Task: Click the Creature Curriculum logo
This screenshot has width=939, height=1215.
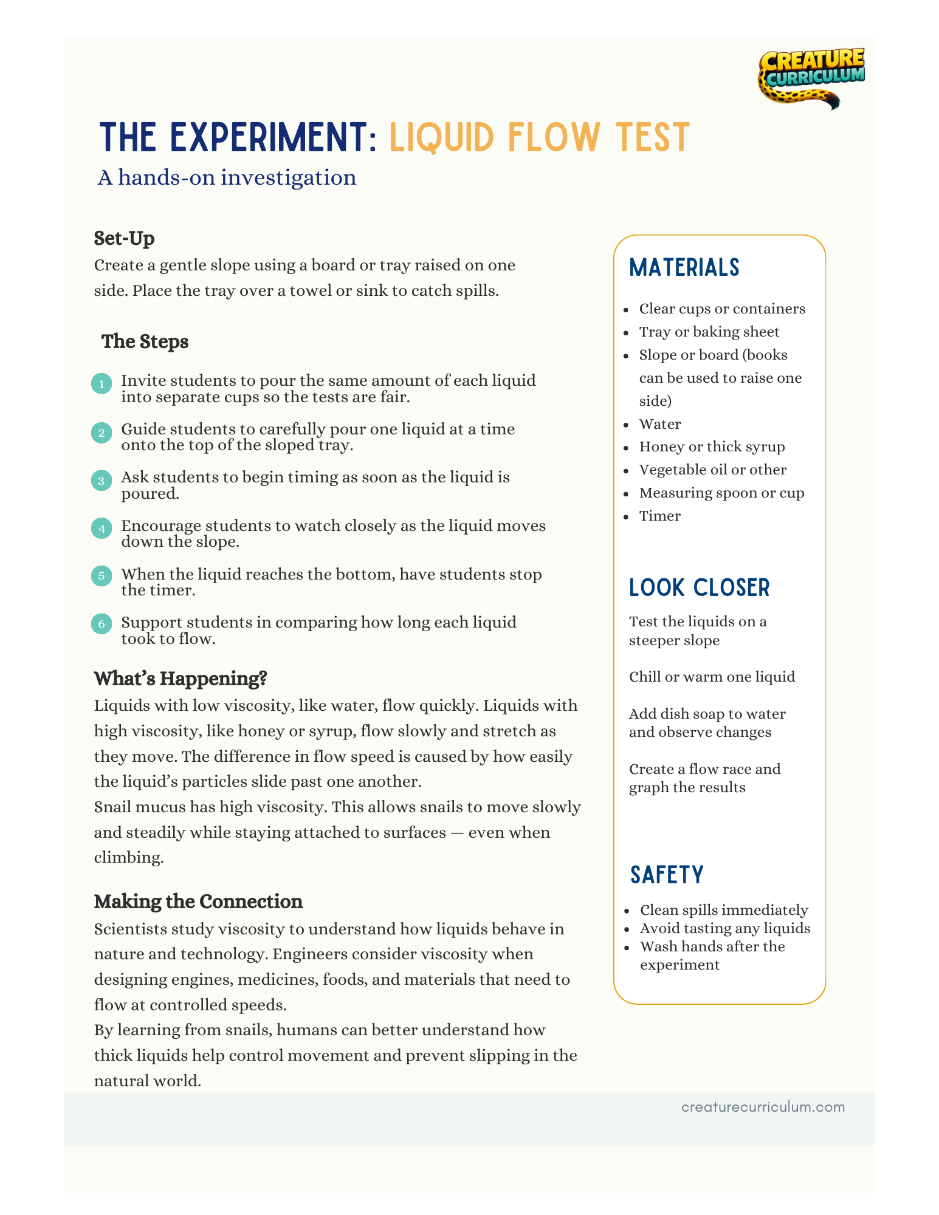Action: pyautogui.click(x=811, y=78)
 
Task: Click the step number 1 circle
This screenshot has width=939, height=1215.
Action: pyautogui.click(x=101, y=384)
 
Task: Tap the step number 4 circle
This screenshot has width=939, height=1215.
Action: pyautogui.click(x=101, y=529)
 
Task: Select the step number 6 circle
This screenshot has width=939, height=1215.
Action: pyautogui.click(x=101, y=624)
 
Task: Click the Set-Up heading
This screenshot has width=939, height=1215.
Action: pyautogui.click(x=124, y=238)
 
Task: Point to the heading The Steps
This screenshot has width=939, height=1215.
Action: pyautogui.click(x=145, y=341)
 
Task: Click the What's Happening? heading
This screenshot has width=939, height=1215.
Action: pyautogui.click(x=181, y=679)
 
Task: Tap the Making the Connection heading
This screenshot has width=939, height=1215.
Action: pyautogui.click(x=198, y=902)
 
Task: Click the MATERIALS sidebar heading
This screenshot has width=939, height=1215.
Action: pyautogui.click(x=684, y=268)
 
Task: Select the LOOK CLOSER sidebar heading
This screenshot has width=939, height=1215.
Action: pyautogui.click(x=699, y=588)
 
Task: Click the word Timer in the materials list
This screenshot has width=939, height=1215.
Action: pyautogui.click(x=659, y=516)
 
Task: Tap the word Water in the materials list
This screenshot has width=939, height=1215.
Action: pyautogui.click(x=659, y=424)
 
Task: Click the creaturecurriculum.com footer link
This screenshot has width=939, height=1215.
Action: pyautogui.click(x=763, y=1107)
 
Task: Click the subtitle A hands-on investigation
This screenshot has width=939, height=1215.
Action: pyautogui.click(x=227, y=177)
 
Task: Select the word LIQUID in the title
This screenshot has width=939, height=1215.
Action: pyautogui.click(x=441, y=137)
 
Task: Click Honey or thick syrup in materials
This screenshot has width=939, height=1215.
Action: pyautogui.click(x=712, y=447)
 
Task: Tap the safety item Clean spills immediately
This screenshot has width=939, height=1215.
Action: pyautogui.click(x=723, y=910)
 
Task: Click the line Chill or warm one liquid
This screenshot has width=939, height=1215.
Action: pyautogui.click(x=712, y=677)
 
